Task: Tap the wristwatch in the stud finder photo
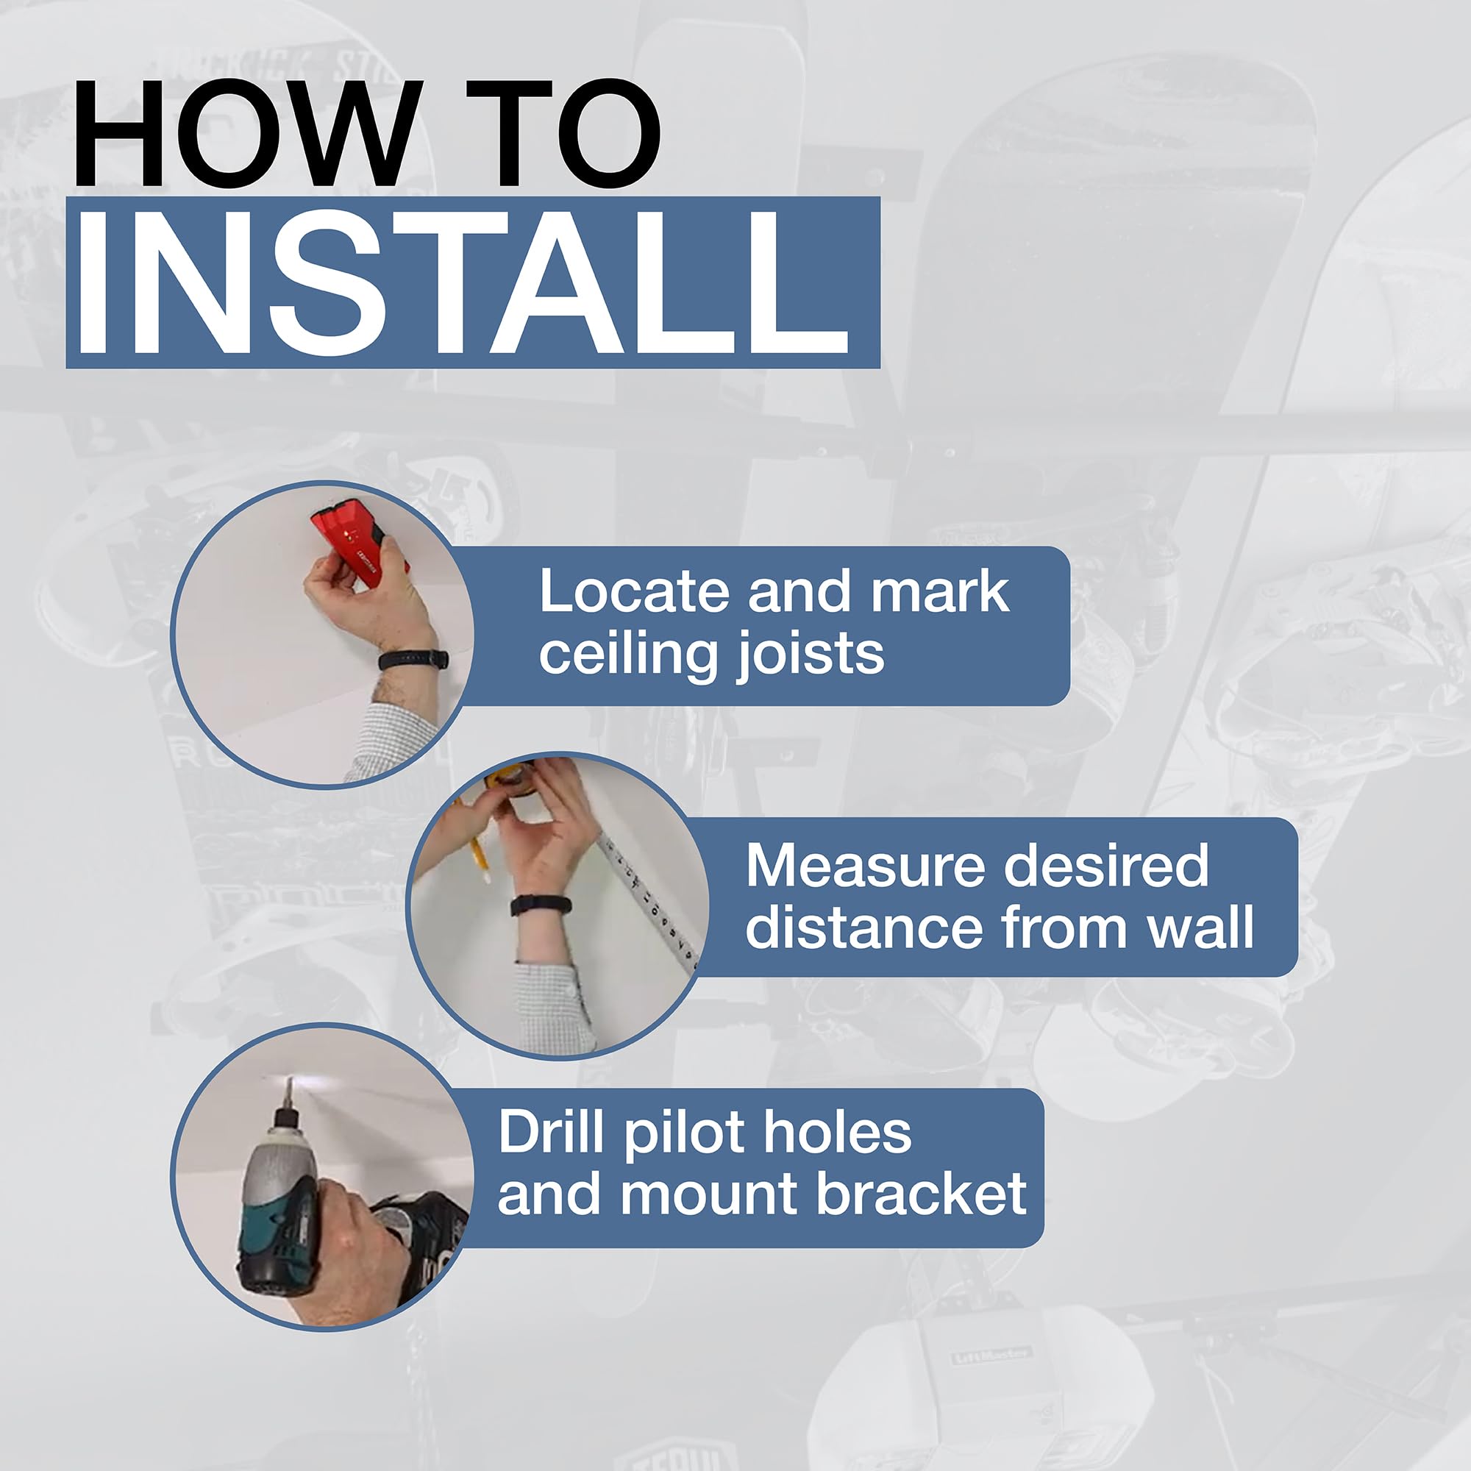pos(413,659)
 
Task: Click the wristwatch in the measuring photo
pos(541,905)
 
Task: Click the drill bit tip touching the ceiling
pos(288,1080)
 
